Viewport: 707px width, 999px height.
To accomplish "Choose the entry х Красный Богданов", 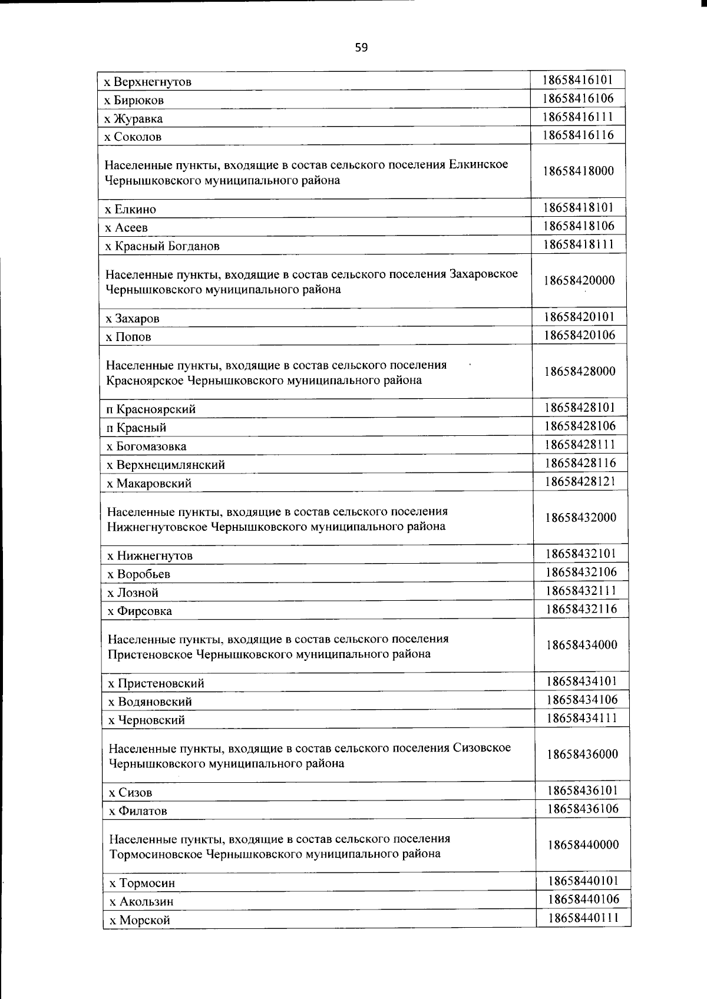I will point(162,246).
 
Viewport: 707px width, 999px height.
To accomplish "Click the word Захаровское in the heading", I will point(484,274).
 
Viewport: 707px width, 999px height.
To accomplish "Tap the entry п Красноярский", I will point(151,409).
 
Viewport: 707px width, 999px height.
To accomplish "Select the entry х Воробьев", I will point(139,574).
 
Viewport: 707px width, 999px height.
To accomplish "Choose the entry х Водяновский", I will point(150,702).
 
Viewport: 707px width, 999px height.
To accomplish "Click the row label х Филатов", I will point(138,811).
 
